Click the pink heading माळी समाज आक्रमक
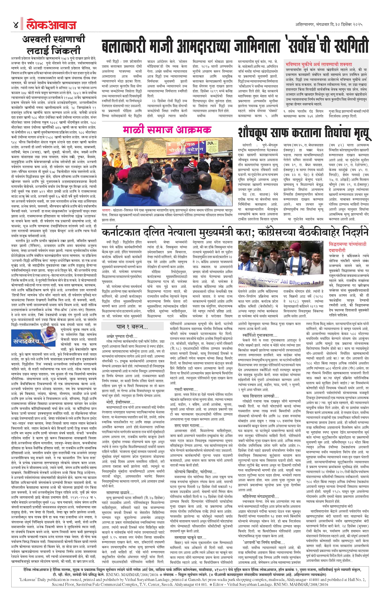coord(167,129)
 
